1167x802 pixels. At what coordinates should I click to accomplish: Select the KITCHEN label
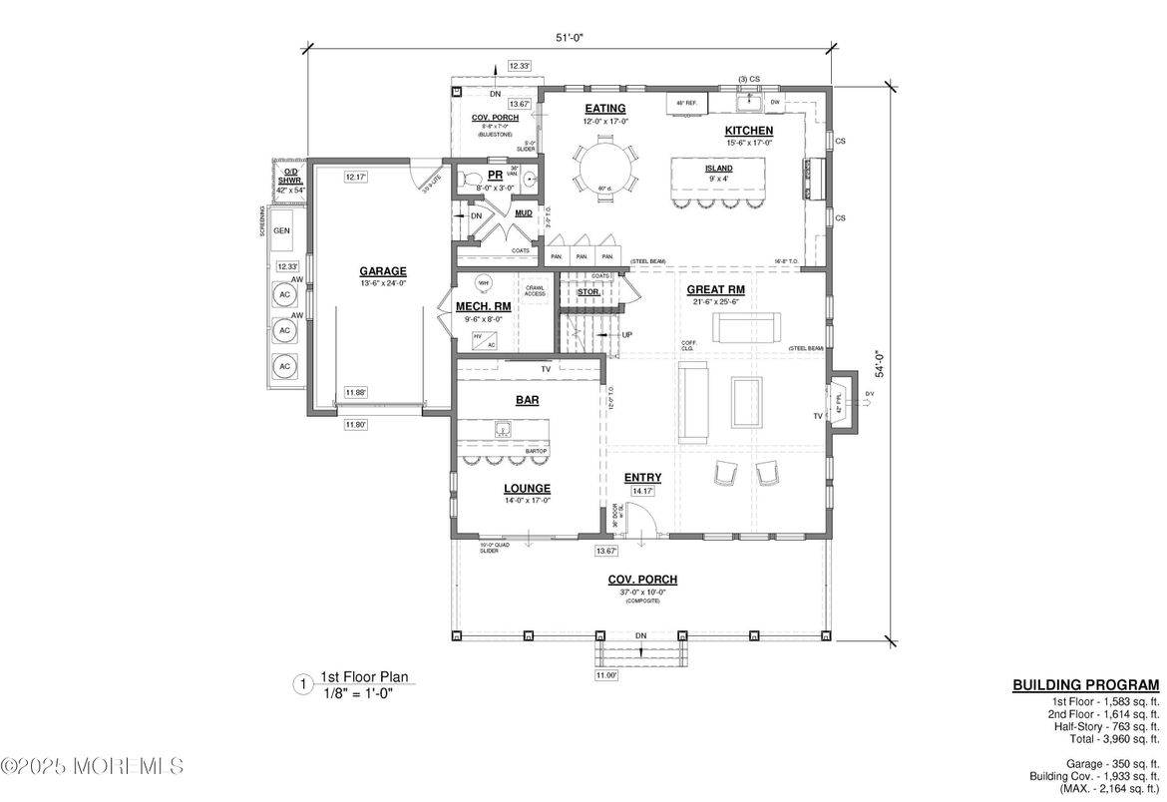[x=748, y=131]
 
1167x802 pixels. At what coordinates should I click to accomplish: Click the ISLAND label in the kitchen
[x=718, y=169]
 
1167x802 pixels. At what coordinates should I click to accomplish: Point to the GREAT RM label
[x=716, y=289]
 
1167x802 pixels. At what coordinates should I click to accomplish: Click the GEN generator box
[x=282, y=230]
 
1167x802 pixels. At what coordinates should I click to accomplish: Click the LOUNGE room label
[x=528, y=488]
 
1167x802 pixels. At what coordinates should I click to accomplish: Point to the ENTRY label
[x=643, y=478]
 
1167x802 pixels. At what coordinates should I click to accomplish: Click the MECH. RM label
[x=483, y=306]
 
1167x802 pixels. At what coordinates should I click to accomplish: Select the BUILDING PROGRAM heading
[x=1085, y=685]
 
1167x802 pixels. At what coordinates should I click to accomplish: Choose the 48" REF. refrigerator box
[x=687, y=103]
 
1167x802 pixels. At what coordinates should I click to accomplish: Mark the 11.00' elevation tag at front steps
[x=606, y=675]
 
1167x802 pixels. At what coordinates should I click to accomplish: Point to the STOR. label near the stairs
[x=588, y=292]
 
